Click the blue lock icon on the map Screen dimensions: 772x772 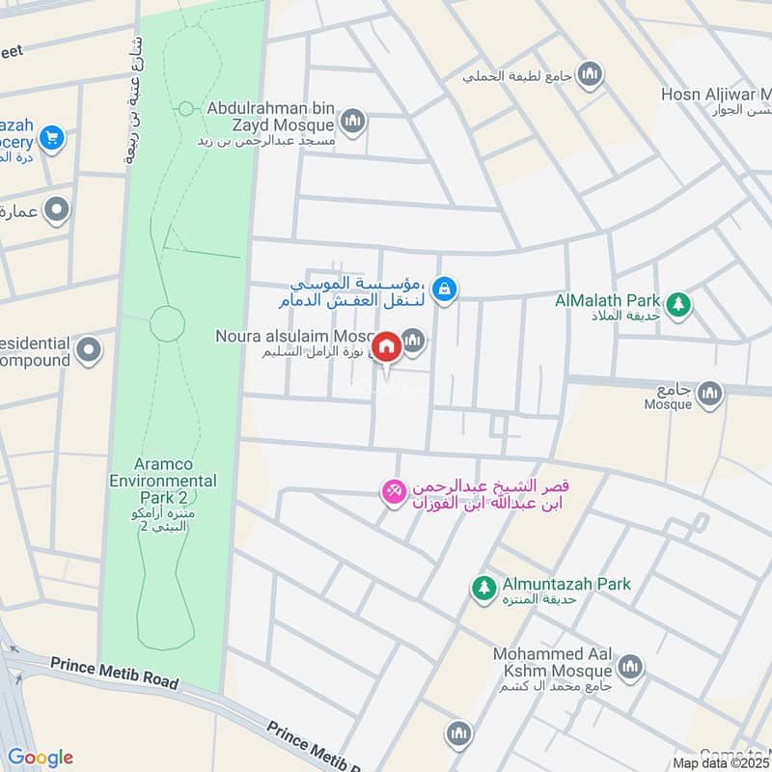(x=444, y=288)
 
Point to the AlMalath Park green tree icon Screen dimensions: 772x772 (x=679, y=303)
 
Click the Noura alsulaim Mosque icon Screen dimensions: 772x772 (x=414, y=340)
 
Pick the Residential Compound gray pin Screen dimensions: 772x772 (x=89, y=349)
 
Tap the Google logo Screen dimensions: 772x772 (x=40, y=757)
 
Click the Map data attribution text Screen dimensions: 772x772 (x=722, y=762)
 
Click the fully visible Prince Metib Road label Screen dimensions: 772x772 (x=114, y=673)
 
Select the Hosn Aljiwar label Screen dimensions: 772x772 (x=714, y=95)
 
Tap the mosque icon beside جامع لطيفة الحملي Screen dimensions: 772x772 (x=590, y=72)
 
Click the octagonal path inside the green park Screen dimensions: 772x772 (x=167, y=322)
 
